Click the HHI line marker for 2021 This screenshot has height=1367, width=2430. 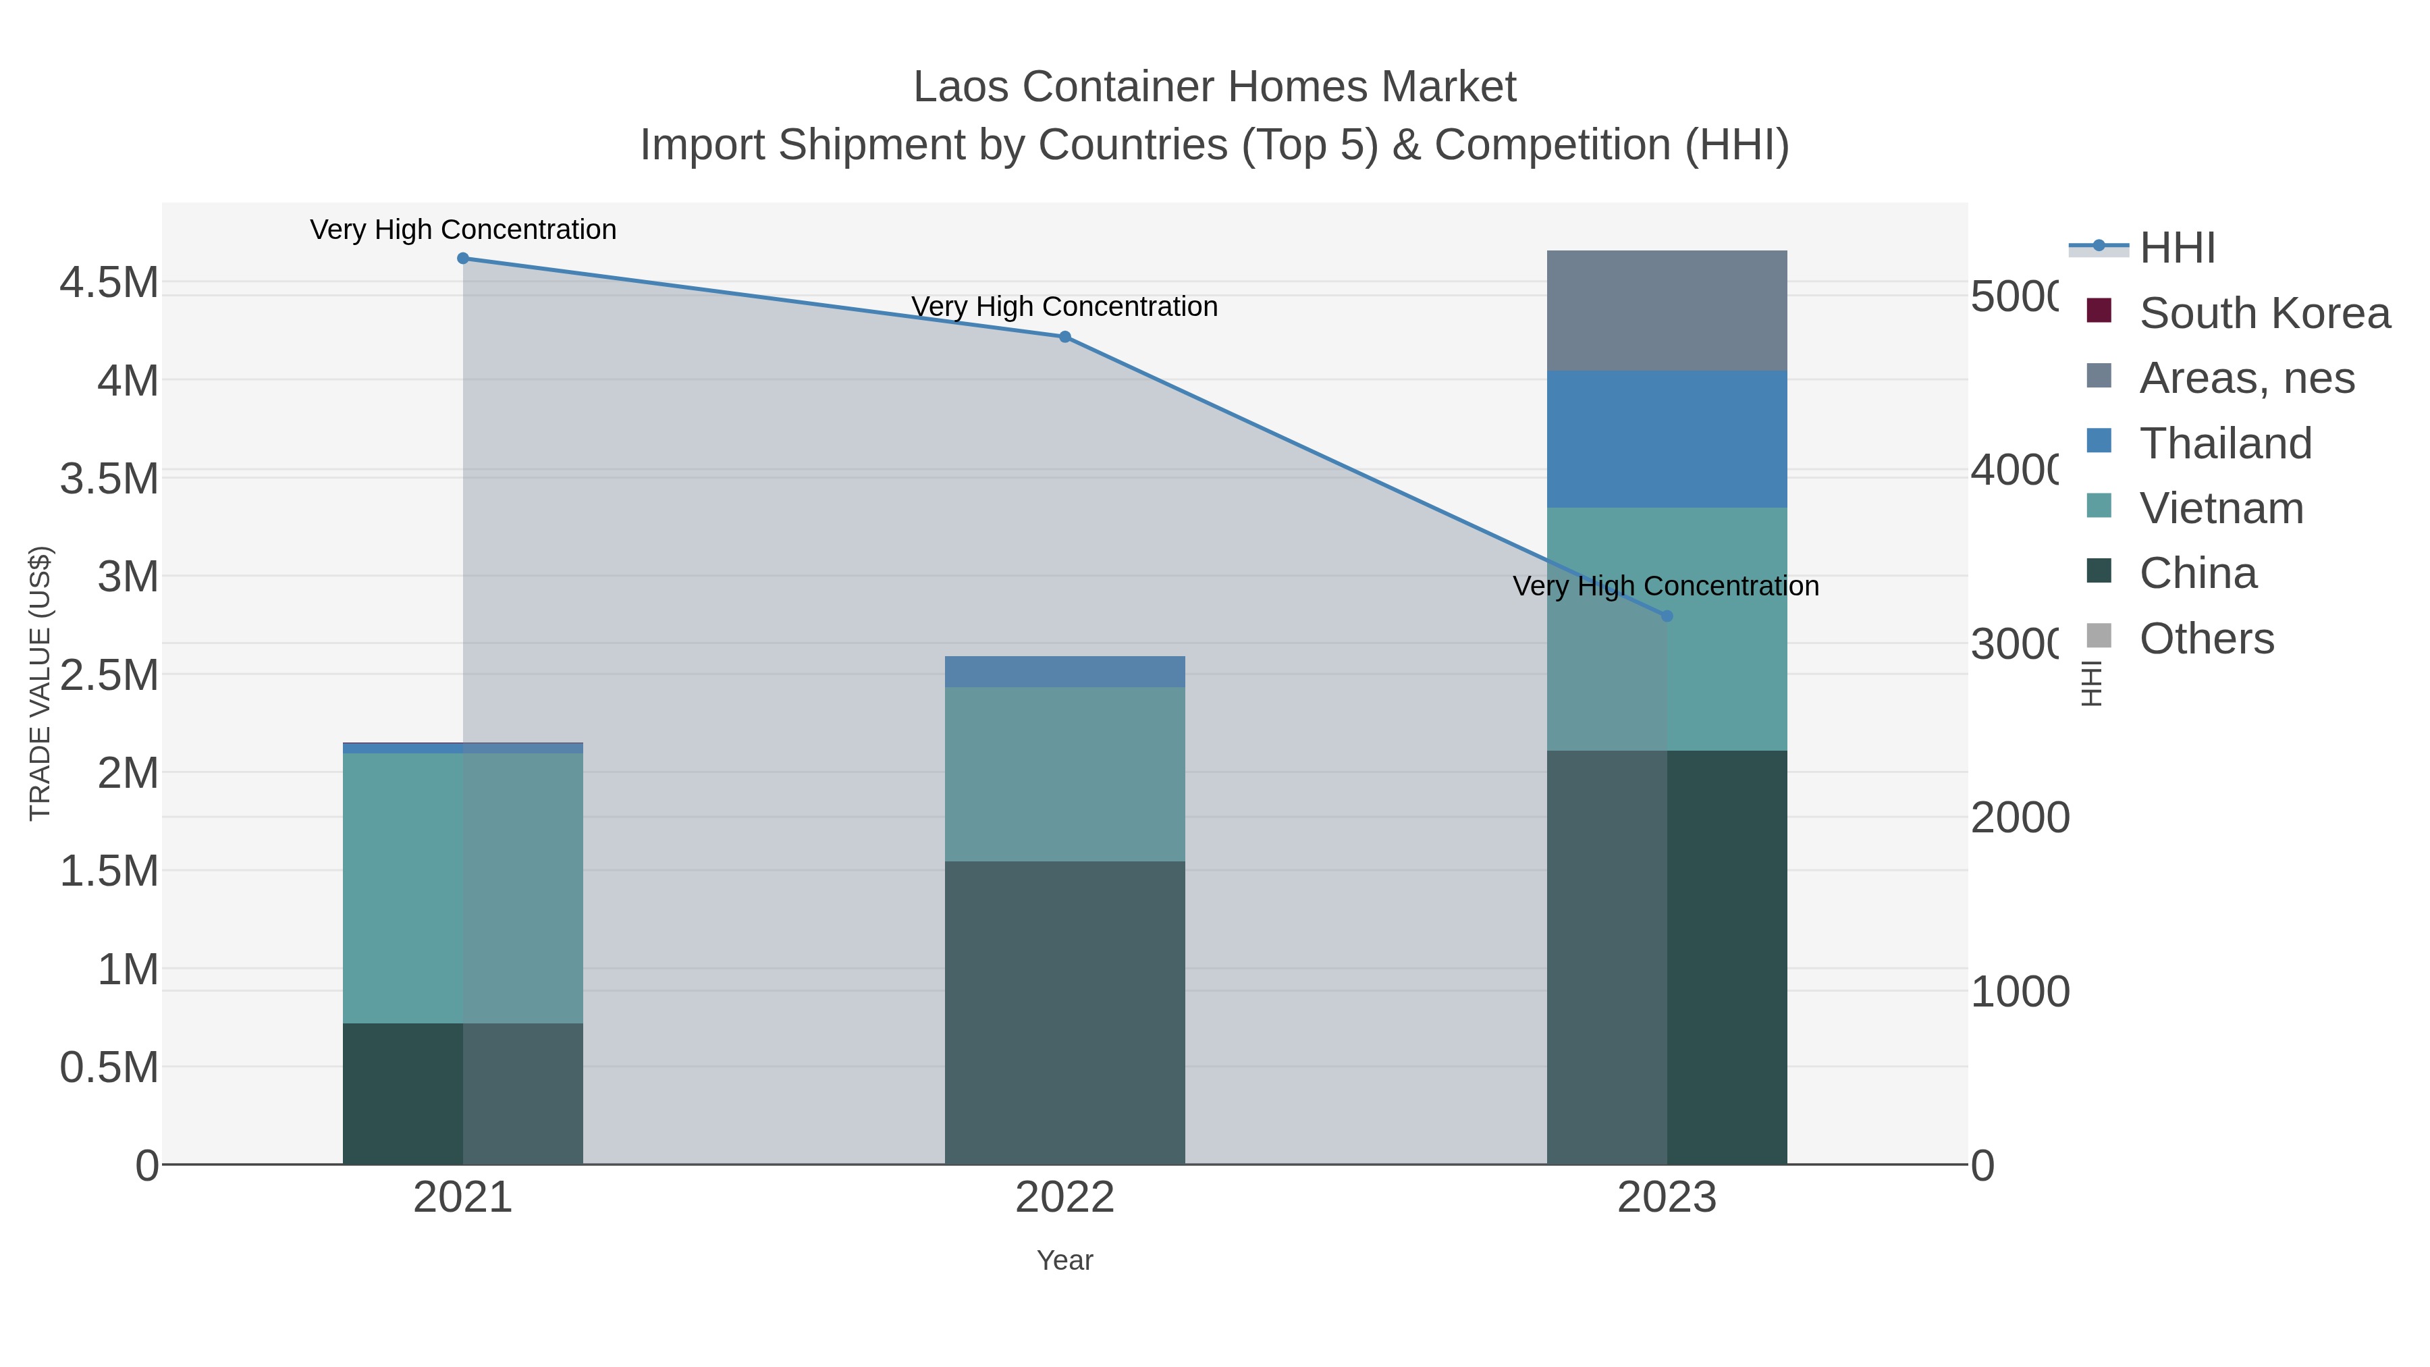462,259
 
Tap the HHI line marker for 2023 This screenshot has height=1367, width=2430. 1666,616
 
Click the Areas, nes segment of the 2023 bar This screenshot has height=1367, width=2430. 1666,311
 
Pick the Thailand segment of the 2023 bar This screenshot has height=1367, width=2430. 1666,439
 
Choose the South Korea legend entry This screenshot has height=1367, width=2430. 2264,313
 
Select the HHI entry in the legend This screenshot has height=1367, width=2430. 2176,248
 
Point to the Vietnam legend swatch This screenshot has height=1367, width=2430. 2099,506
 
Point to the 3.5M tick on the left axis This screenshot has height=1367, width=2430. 109,479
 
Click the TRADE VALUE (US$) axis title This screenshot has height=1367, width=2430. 40,683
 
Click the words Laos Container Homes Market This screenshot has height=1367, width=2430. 1214,87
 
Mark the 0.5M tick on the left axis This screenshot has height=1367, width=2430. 109,1068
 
